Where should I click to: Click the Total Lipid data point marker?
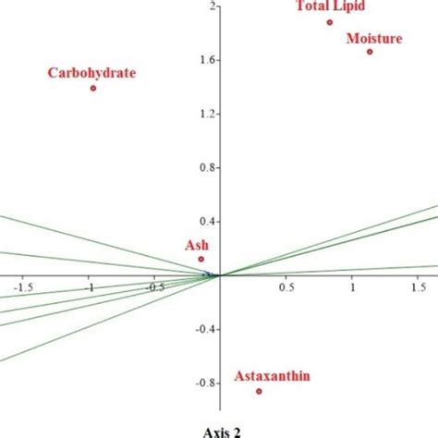[329, 22]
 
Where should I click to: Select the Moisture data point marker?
[370, 52]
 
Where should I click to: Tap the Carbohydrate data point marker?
[93, 88]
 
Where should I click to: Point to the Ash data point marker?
[201, 259]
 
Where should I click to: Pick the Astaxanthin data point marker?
[259, 391]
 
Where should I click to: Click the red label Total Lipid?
[330, 7]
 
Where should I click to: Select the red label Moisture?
[374, 38]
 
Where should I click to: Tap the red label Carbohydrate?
[92, 72]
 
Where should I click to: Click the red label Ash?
[197, 245]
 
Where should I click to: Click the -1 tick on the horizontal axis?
[90, 286]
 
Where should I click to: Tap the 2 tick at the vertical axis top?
[212, 6]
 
